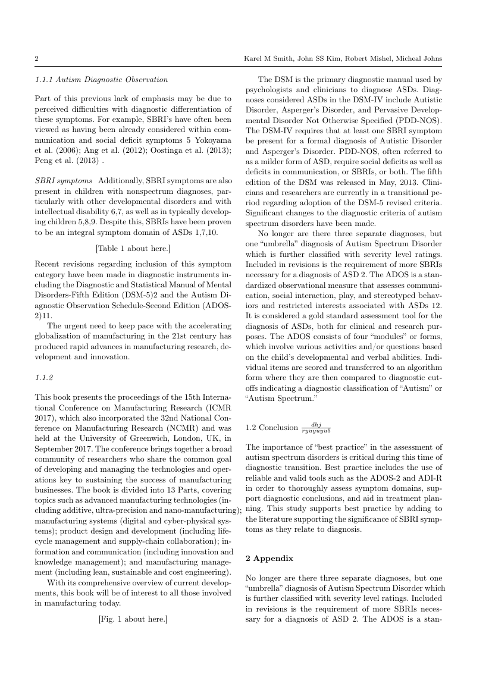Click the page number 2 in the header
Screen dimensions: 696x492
(x=37, y=58)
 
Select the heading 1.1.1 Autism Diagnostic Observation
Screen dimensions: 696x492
(x=101, y=79)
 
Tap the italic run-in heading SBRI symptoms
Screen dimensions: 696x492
(x=63, y=180)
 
